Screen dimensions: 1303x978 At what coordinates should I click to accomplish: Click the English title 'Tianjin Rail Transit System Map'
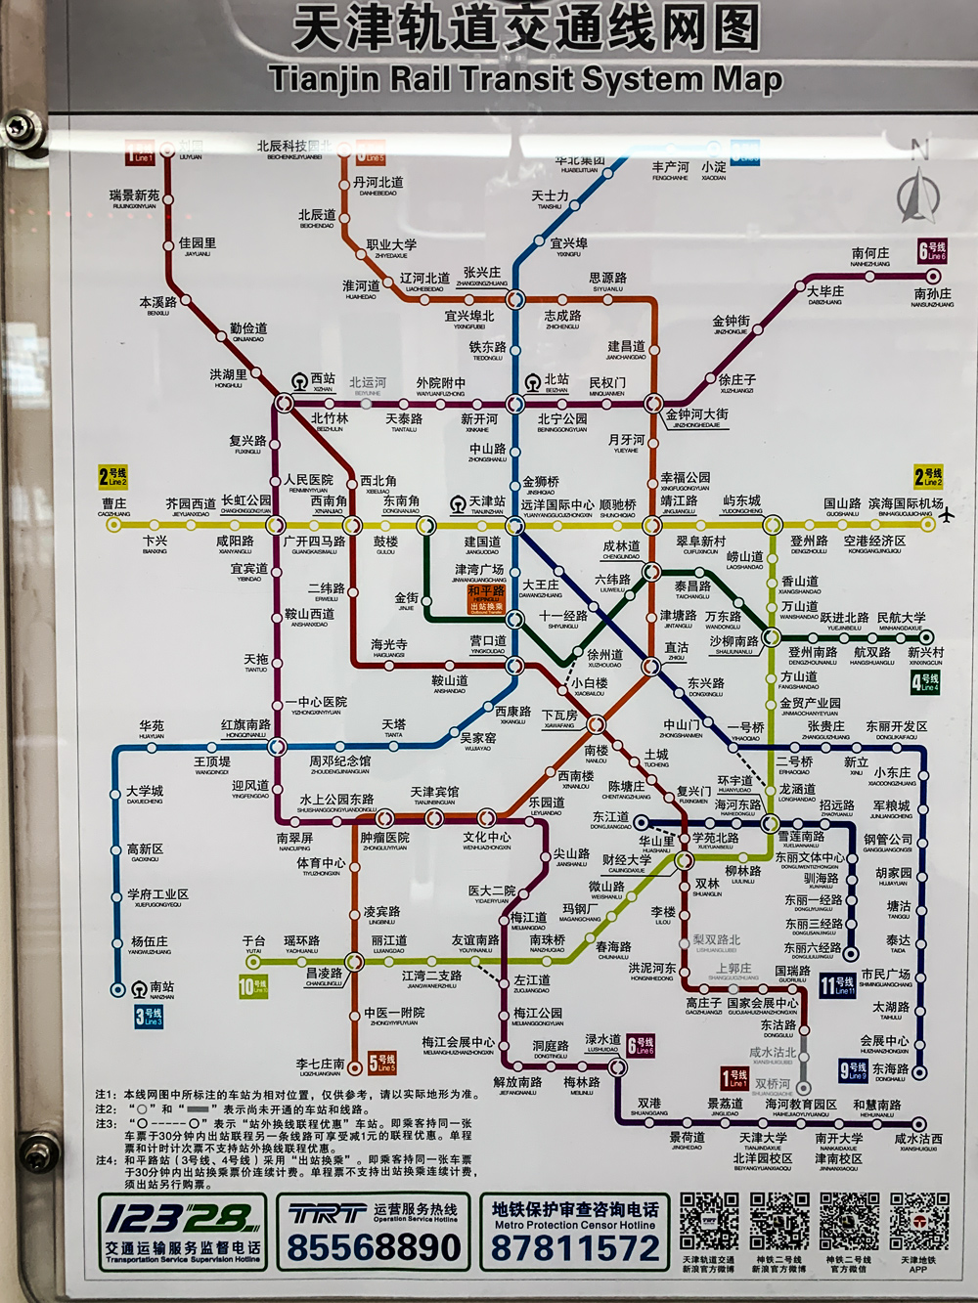tap(525, 79)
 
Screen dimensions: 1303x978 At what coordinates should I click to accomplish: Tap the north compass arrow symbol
tap(918, 193)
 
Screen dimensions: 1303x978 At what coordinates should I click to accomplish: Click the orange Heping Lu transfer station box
tap(486, 598)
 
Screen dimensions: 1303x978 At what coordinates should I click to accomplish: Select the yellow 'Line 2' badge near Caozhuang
tap(113, 477)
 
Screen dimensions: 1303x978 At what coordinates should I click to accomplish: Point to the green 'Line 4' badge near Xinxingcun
tap(925, 681)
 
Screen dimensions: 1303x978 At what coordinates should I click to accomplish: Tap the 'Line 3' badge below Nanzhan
tap(150, 1018)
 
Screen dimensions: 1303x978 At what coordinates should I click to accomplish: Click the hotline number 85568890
tap(374, 1248)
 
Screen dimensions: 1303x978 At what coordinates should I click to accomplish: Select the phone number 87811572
tap(575, 1248)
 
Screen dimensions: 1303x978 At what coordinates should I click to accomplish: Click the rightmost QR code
tap(918, 1221)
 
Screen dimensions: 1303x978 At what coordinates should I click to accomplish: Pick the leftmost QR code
tap(709, 1221)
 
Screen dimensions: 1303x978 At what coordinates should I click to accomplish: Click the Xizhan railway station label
tap(322, 380)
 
